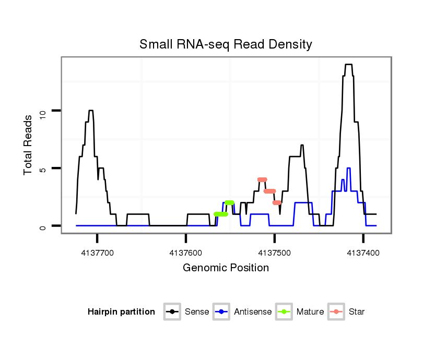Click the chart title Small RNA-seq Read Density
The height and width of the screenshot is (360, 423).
click(226, 44)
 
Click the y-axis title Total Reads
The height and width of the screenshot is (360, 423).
click(29, 145)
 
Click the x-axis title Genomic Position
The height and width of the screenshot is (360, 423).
click(226, 268)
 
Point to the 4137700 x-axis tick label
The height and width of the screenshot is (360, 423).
click(97, 252)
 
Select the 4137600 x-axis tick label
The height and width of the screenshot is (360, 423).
click(186, 252)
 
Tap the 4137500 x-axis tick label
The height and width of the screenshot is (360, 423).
click(275, 252)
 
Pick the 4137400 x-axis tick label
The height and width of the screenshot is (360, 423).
click(363, 252)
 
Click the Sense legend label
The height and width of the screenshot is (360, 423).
click(197, 312)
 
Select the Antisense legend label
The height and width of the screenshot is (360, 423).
click(253, 312)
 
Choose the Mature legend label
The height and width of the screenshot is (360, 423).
click(310, 312)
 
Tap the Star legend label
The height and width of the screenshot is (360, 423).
click(357, 312)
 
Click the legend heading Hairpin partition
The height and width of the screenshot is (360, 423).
click(121, 312)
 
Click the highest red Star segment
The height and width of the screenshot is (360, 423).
click(262, 179)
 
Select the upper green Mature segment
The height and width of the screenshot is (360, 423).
click(229, 202)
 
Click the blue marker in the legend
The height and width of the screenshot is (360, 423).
click(221, 312)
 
